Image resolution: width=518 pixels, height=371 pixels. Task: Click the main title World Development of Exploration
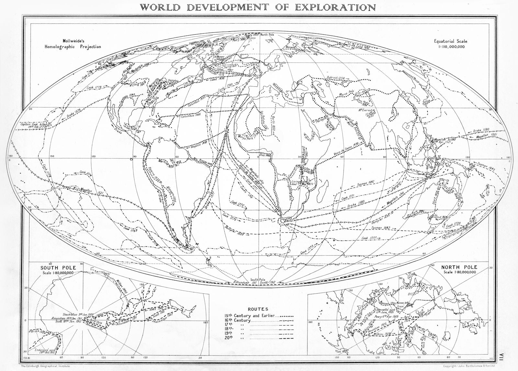pyautogui.click(x=258, y=7)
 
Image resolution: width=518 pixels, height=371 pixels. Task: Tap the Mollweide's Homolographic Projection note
pyautogui.click(x=73, y=44)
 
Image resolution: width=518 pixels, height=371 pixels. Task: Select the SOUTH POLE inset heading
pyautogui.click(x=58, y=268)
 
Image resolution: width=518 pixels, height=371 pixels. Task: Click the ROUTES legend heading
pyautogui.click(x=258, y=309)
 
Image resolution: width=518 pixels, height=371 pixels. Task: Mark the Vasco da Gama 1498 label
pyautogui.click(x=346, y=150)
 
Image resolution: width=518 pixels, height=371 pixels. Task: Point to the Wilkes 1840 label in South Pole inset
pyautogui.click(x=119, y=286)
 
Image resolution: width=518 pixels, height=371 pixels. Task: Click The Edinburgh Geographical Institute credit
pyautogui.click(x=45, y=365)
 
